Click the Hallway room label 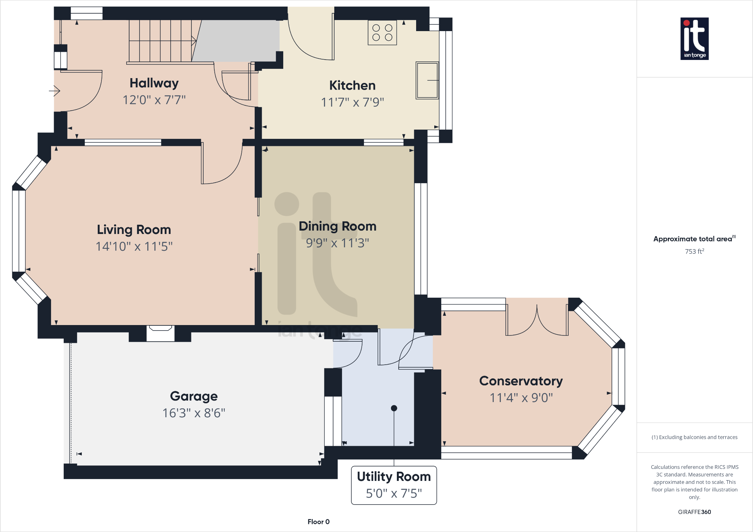pos(154,83)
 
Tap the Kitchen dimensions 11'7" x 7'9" pos(352,102)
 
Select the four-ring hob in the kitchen pos(382,33)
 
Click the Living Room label pos(134,230)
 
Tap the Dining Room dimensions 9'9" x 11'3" pos(337,243)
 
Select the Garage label pos(194,396)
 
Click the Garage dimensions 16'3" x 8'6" pos(194,413)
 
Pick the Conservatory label pos(521,381)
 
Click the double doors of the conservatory pos(537,320)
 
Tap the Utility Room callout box pos(394,485)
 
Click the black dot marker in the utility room pos(394,408)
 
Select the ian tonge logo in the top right pos(694,39)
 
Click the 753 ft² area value pos(694,251)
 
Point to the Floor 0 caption pos(318,522)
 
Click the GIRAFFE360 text pos(694,512)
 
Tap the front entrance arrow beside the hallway pos(55,90)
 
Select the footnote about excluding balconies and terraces pos(694,437)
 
